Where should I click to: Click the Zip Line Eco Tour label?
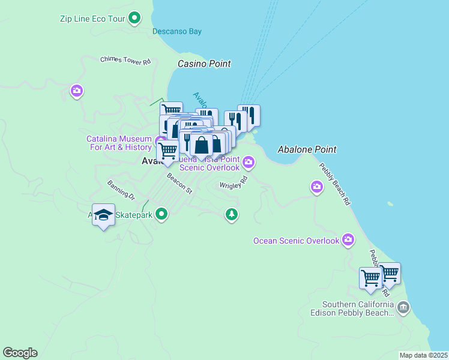point(92,19)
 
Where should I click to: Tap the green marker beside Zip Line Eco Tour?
point(135,18)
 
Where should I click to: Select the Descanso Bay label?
point(177,32)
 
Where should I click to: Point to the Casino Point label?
point(204,64)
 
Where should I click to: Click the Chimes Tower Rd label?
point(125,60)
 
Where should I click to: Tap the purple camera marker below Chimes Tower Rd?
point(77,91)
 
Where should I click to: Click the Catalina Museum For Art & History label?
point(119,143)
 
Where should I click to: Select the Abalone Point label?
point(307,149)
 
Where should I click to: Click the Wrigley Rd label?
point(234,182)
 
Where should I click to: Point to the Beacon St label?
point(179,184)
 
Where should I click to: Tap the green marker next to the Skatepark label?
point(161,214)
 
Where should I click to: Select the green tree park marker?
point(232,214)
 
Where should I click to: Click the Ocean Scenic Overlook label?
point(296,241)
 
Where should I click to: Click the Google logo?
point(20,353)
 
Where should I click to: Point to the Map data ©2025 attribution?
point(423,355)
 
